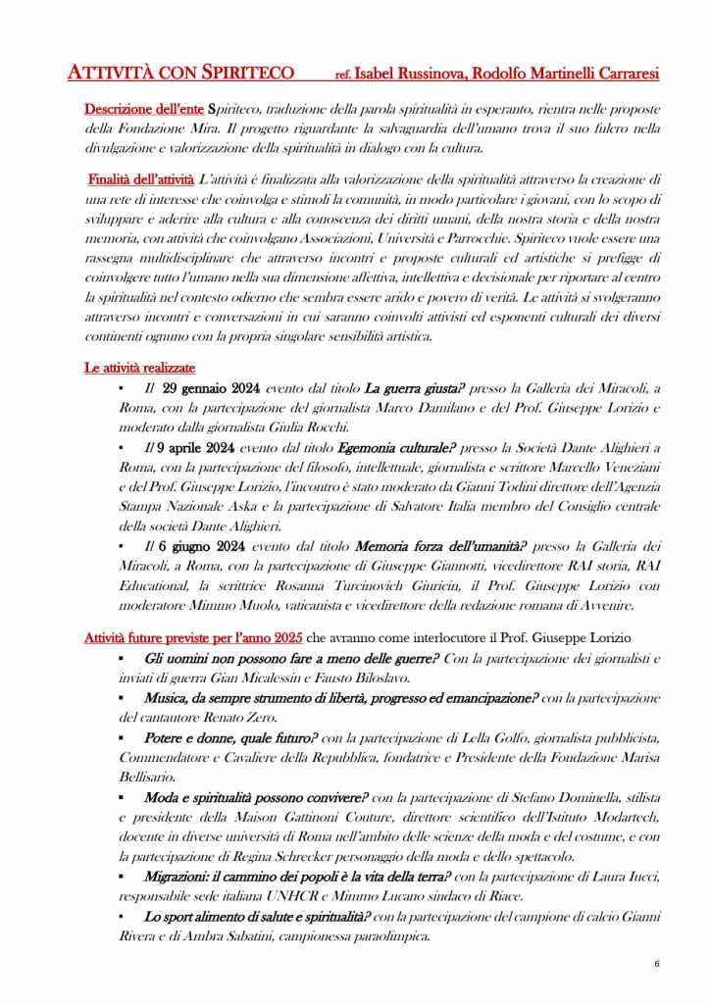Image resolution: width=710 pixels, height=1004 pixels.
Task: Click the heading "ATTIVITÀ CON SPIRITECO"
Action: point(180,73)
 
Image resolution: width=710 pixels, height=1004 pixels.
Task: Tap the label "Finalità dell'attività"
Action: point(141,178)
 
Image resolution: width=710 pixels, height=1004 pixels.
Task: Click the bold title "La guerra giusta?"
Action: point(412,389)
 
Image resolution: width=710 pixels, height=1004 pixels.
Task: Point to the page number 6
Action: point(656,964)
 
